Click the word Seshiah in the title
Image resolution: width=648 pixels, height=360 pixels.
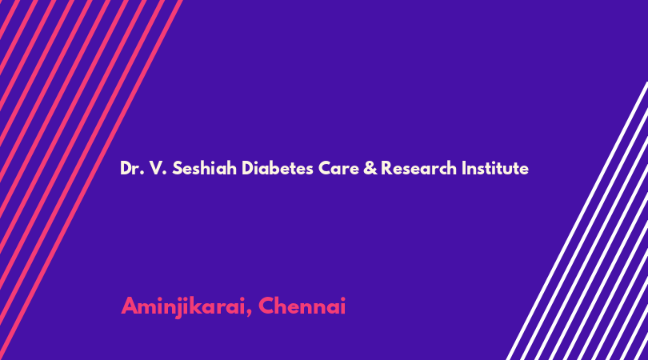(204, 168)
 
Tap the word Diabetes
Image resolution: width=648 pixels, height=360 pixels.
(278, 168)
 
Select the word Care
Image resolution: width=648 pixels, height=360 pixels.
(338, 168)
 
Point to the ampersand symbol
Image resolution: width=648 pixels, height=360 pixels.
(370, 168)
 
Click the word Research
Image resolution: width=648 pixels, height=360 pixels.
(418, 168)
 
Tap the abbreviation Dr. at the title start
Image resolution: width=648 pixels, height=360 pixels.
(132, 168)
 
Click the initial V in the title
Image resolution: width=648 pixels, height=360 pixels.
(156, 168)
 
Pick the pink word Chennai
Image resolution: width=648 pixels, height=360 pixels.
(302, 306)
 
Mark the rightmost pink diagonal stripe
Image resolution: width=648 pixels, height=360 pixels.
(90, 180)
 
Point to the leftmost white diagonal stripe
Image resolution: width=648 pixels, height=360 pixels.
(577, 221)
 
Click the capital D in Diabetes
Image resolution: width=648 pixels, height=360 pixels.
(247, 168)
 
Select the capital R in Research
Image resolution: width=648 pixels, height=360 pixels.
(387, 168)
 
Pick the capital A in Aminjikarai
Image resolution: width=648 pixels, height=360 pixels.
(130, 306)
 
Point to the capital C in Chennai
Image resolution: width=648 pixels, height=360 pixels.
(267, 306)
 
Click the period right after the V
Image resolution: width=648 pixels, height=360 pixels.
(165, 174)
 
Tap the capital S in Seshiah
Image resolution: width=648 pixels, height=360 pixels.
(178, 168)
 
